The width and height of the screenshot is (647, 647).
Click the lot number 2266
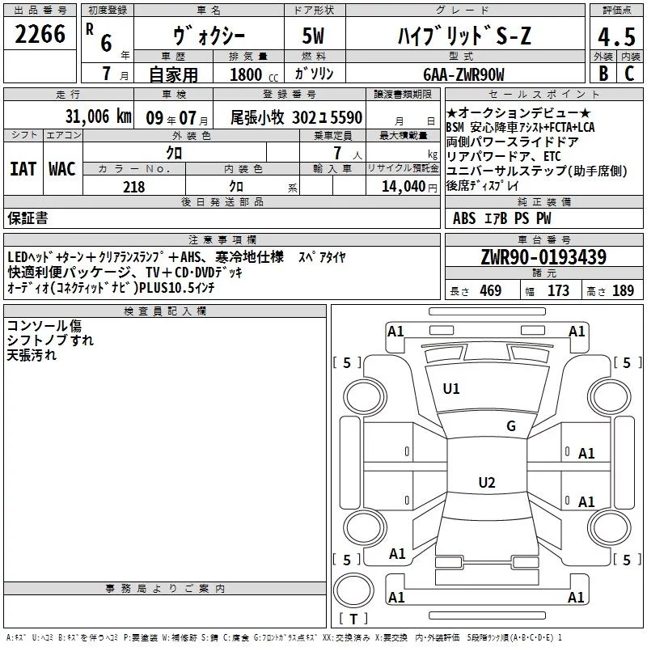tap(40, 34)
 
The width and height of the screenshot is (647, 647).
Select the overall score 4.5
tap(616, 37)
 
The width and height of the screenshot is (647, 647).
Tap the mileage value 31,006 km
tap(98, 116)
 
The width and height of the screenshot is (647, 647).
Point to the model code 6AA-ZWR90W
tap(463, 74)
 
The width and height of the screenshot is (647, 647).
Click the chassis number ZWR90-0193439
tap(543, 256)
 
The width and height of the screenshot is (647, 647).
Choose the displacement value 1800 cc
tap(254, 74)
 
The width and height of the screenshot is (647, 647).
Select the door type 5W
tap(313, 36)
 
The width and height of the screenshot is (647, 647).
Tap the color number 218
tap(134, 187)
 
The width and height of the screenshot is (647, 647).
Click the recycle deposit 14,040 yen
tap(409, 187)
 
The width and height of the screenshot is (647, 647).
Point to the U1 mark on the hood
tap(451, 389)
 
